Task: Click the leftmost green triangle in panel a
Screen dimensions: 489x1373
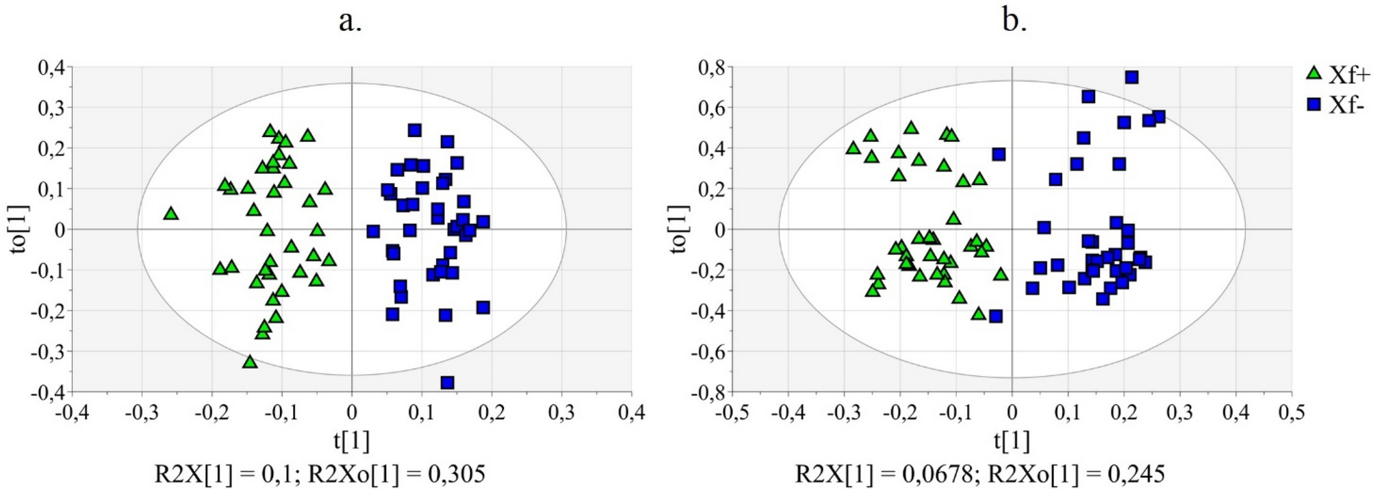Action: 171,214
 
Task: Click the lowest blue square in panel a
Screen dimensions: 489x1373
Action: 448,383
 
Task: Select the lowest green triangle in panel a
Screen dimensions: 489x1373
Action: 250,362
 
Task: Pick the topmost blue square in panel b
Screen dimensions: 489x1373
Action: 1132,77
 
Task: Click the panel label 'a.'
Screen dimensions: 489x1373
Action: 350,21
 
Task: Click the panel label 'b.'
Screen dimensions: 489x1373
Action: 1014,21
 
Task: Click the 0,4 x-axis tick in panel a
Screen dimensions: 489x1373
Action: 631,413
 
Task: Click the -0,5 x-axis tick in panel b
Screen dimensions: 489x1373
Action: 731,413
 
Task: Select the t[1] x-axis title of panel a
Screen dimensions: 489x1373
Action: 352,441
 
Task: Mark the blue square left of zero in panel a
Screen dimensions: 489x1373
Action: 373,231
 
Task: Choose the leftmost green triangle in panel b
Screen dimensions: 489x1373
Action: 853,148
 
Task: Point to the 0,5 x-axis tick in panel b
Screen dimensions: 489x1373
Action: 1292,413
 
